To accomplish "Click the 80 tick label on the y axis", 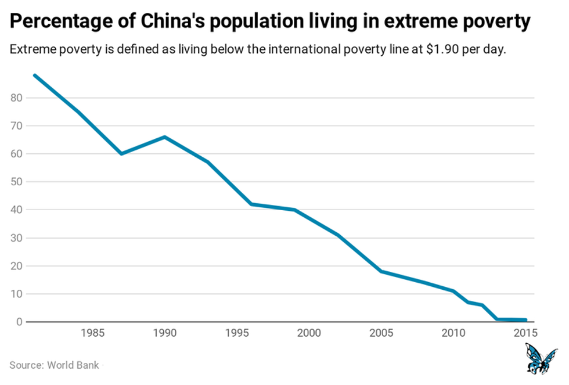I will tap(16, 98).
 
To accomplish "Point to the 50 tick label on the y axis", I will tap(16, 182).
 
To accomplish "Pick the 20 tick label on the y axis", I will tap(16, 266).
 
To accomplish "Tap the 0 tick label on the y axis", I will tap(19, 322).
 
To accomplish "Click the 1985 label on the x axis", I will tap(93, 333).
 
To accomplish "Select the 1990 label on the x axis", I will tap(165, 333).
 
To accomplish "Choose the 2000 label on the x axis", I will tap(309, 333).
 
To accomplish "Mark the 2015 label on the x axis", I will tap(525, 333).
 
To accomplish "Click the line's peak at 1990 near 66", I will tap(165, 137).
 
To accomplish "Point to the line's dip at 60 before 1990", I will tap(121, 154).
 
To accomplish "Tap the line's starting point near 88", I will tap(35, 75).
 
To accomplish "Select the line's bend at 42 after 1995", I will tap(251, 204).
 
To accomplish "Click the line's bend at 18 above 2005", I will tap(381, 271).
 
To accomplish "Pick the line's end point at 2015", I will tap(525, 320).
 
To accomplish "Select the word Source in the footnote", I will tap(25, 365).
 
